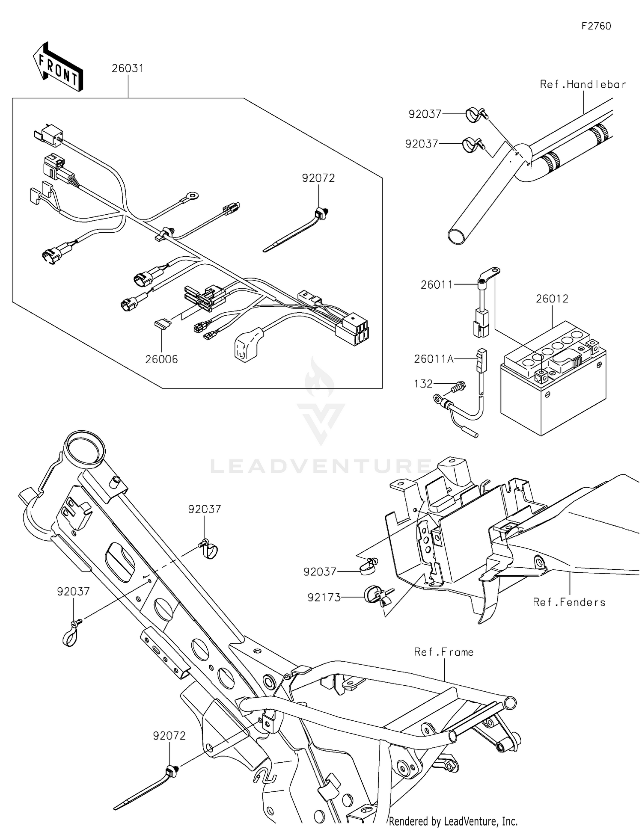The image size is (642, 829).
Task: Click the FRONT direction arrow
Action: pos(58,67)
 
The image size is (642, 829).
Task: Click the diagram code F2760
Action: pos(596,26)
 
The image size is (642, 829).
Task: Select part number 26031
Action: pos(128,68)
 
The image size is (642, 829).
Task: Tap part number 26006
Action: pos(161,359)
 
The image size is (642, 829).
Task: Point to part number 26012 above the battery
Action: pos(552,299)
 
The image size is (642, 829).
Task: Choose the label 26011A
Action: pos(434,359)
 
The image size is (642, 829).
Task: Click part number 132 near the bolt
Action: pos(423,384)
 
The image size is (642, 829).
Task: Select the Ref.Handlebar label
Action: pos(583,84)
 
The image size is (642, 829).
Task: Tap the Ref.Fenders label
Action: pos(569,602)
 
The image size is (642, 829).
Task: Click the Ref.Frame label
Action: pos(443,652)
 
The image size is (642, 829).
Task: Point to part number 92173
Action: pos(324,597)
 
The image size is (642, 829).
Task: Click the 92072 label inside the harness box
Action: pos(318,178)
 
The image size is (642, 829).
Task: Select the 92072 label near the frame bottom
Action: pos(169,736)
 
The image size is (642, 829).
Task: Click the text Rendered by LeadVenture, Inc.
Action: pos(453,821)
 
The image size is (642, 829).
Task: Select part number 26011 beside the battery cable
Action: pos(437,284)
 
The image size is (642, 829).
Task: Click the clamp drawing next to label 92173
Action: pos(377,595)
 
